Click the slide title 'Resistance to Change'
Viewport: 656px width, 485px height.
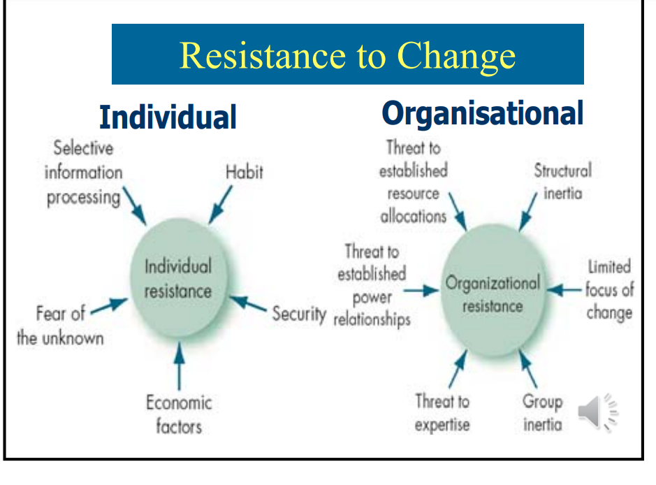coord(347,55)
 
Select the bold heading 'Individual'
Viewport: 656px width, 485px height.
coord(168,117)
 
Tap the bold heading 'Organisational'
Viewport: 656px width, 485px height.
coord(482,113)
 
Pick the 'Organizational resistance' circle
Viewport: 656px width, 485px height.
coord(493,294)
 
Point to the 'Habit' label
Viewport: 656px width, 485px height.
coord(245,172)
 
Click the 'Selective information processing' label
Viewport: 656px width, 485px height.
coord(84,173)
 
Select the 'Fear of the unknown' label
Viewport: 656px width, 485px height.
coord(60,326)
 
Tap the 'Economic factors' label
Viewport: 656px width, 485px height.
coord(178,414)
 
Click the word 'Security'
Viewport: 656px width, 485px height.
coord(299,313)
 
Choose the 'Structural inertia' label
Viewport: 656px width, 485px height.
coord(562,181)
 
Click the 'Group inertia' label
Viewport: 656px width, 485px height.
coord(542,412)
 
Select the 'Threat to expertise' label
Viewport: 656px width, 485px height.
coord(442,412)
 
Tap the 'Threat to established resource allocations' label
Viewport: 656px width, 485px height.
coord(413,182)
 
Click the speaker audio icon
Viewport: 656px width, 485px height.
coord(598,412)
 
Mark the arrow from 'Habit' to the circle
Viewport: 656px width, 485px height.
coord(221,205)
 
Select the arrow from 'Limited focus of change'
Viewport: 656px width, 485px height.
coord(564,289)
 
